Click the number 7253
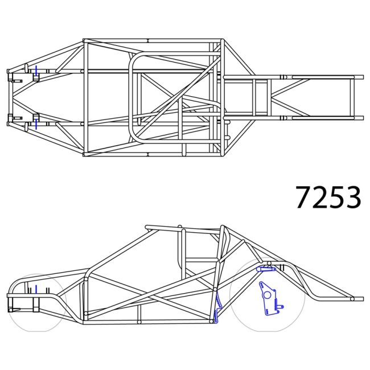tap(328, 197)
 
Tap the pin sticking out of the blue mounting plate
tap(281, 306)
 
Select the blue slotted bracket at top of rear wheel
tap(266, 269)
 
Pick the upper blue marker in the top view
tap(36, 71)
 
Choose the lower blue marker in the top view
tap(36, 121)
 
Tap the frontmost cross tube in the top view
tap(10, 97)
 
